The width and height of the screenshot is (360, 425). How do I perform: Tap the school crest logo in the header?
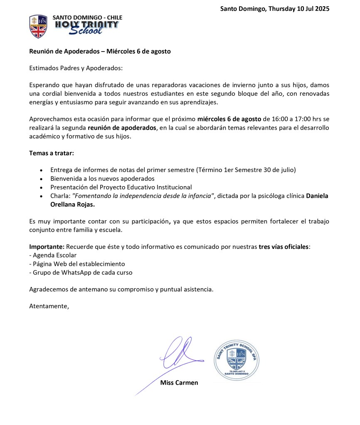pos(38,27)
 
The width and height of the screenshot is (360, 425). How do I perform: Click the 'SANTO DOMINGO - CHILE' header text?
pos(87,17)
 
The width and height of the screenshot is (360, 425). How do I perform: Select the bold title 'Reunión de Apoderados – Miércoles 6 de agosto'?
pos(100,52)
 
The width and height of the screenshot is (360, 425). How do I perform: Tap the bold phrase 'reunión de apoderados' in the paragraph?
pos(121,128)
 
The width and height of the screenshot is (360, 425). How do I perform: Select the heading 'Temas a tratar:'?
pos(52,153)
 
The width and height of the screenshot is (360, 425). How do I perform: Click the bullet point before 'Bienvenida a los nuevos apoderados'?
pos(41,179)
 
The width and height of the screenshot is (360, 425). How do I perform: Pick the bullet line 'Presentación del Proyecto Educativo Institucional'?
pos(121,187)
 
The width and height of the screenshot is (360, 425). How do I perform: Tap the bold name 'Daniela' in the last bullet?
pos(318,196)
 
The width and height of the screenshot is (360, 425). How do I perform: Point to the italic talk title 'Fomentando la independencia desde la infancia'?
pos(143,196)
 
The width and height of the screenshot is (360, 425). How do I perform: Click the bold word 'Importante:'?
pos(46,247)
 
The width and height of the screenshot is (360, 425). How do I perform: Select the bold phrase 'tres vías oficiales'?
pos(284,247)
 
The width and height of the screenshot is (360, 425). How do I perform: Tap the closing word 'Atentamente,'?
pos(49,306)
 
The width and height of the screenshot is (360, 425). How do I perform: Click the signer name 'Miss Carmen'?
pos(179,383)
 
